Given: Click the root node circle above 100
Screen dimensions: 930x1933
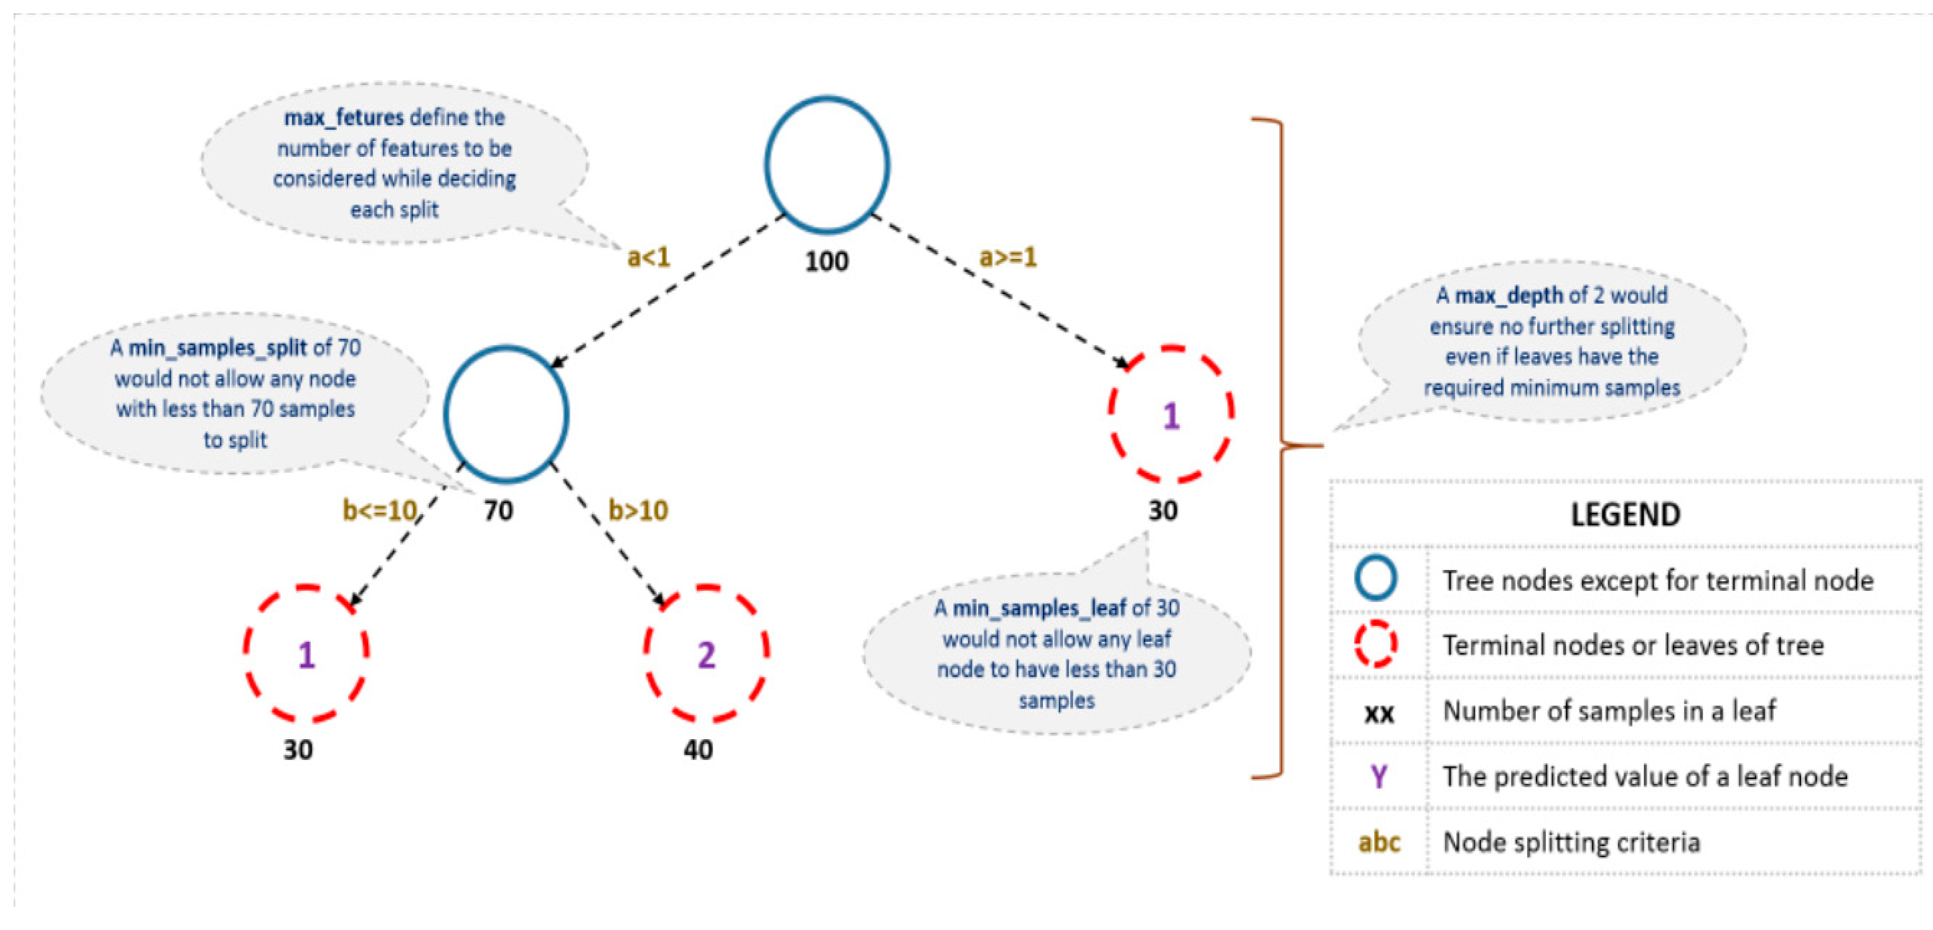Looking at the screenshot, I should (x=827, y=164).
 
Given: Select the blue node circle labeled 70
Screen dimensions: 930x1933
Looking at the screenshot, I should (x=506, y=414).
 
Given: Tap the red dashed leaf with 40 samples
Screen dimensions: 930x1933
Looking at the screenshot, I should (x=706, y=654).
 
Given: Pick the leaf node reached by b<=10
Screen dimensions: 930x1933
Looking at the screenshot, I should (x=306, y=654).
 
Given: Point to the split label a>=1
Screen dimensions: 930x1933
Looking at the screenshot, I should (x=1008, y=258).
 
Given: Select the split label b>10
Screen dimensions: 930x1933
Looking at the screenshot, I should (x=638, y=510).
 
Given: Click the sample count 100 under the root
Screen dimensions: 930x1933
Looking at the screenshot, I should (x=826, y=261).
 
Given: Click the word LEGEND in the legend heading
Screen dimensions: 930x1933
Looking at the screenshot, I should (x=1625, y=515).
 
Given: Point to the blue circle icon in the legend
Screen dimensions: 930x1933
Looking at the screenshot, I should (x=1376, y=578).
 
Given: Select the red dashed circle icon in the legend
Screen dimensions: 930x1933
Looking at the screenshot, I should (x=1376, y=643).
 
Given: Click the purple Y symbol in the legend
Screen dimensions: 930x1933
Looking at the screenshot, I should (x=1378, y=775).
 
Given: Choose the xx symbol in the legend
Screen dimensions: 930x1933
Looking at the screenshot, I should (x=1378, y=711).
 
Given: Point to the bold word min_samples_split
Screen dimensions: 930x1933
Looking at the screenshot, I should (x=218, y=348).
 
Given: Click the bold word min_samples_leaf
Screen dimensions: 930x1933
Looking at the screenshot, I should (x=1039, y=607).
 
